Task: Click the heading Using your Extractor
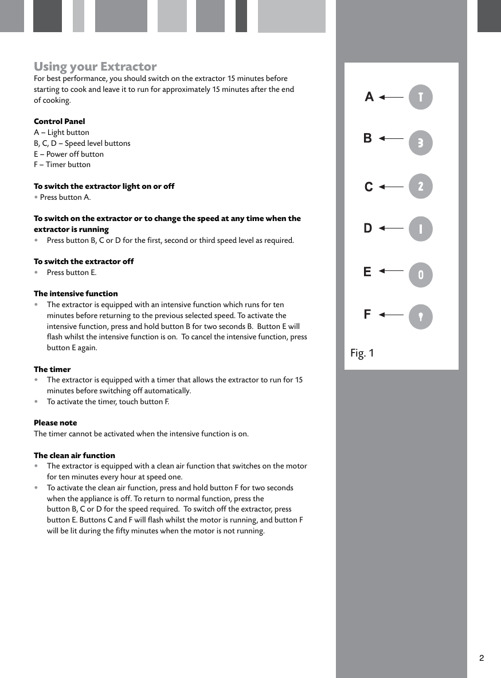coord(95,67)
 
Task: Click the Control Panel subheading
coord(59,121)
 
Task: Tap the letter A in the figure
coord(369,97)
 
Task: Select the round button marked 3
coord(421,143)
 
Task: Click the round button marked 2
coord(421,187)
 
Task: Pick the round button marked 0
coord(421,275)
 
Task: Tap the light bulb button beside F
coord(421,317)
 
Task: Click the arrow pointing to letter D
coord(391,228)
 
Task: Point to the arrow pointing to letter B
coord(391,138)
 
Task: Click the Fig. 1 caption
coord(362,353)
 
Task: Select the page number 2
coord(482,658)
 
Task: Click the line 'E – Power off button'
coord(69,154)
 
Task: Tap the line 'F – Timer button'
coord(62,164)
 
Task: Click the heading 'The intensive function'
coord(76,293)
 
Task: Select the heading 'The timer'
coord(52,369)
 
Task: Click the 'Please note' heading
coord(55,423)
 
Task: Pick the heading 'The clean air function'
coord(75,455)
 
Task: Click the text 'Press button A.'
coord(65,197)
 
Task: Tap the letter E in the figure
coord(367,272)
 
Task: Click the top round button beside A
coord(421,97)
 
